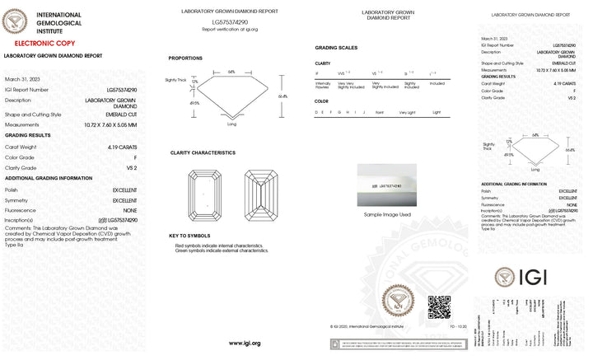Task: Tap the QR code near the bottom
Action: pos(438,306)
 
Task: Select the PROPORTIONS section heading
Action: pos(185,58)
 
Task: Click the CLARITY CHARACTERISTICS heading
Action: pos(203,152)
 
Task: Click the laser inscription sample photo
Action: pos(392,185)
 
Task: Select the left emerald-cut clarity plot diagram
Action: pos(206,194)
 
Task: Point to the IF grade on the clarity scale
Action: pos(318,73)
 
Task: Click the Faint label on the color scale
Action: pos(380,112)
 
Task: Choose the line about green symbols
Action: pos(222,250)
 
